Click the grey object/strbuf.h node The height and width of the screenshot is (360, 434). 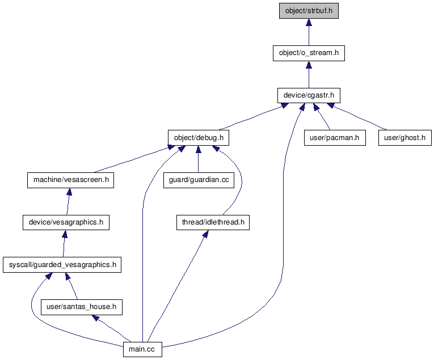pos(309,11)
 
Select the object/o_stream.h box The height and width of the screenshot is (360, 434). pos(309,53)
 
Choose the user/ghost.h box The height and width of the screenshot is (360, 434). pos(405,138)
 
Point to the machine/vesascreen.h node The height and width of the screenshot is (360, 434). pos(70,180)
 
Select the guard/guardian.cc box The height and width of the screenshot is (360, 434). pos(198,180)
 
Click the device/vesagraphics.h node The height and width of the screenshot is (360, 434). pos(66,223)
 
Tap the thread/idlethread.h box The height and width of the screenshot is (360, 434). pos(213,223)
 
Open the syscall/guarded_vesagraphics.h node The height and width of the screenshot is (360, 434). pos(62,265)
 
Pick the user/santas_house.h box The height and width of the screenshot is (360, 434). pos(82,307)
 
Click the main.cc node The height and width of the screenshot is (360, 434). pos(142,350)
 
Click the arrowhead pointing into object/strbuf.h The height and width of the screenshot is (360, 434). pos(309,23)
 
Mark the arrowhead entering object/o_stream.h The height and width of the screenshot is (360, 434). pos(309,65)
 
